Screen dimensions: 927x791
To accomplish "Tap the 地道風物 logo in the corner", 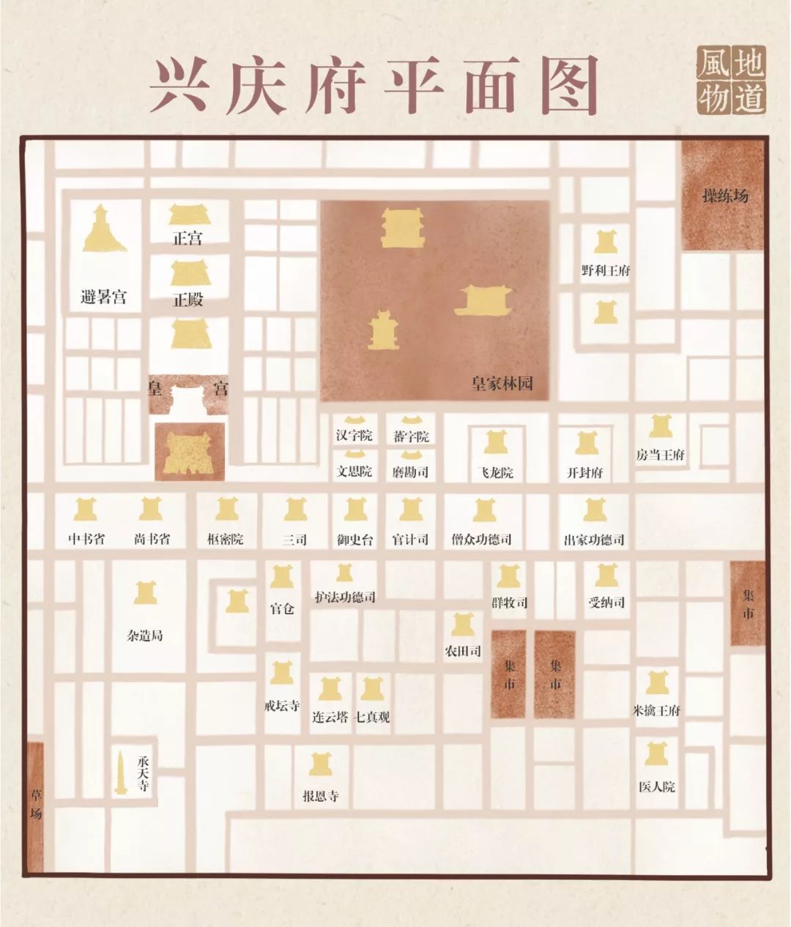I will (x=731, y=81).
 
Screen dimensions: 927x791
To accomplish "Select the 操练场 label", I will (x=725, y=196).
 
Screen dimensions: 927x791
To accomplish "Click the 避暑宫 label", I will (x=103, y=297).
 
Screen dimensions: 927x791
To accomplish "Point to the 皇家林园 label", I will (x=502, y=384).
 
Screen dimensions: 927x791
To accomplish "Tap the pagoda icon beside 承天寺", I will (x=120, y=774).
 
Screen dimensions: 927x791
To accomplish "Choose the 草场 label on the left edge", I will (x=36, y=803).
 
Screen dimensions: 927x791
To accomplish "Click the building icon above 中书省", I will (x=86, y=509).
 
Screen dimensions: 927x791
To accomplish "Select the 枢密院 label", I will (x=226, y=540).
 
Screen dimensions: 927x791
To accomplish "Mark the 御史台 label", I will (x=355, y=540).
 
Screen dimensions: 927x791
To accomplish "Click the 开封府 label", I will (x=585, y=472).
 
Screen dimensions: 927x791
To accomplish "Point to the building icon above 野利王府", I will (x=605, y=242).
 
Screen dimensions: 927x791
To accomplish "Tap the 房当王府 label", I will (x=660, y=455).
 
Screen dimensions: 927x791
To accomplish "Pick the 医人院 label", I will (x=656, y=787).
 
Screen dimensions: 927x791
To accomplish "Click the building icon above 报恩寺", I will (x=320, y=764).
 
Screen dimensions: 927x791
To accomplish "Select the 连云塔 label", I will (x=330, y=717).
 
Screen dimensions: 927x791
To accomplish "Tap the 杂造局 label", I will (x=145, y=636).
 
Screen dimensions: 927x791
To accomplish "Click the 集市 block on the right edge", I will (x=747, y=604).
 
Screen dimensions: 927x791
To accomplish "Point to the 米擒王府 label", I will (x=656, y=710).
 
